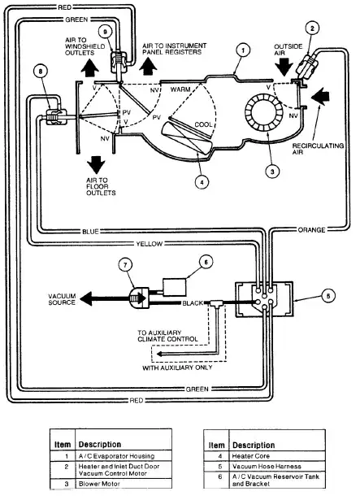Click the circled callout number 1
[243, 50]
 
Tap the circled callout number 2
[312, 28]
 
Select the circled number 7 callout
[125, 265]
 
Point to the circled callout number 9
[105, 32]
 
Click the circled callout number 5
[327, 296]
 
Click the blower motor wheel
[264, 113]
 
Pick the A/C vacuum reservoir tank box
[175, 287]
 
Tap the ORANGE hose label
[311, 230]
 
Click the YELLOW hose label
[150, 244]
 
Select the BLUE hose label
[90, 232]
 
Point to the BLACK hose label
[193, 303]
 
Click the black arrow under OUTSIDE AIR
[284, 67]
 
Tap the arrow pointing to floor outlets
[96, 165]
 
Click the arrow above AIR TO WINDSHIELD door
[89, 67]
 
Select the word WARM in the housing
[180, 89]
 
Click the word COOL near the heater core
[203, 124]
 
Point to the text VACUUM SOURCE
[62, 299]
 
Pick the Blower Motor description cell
[124, 484]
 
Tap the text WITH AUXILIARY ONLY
[177, 367]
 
